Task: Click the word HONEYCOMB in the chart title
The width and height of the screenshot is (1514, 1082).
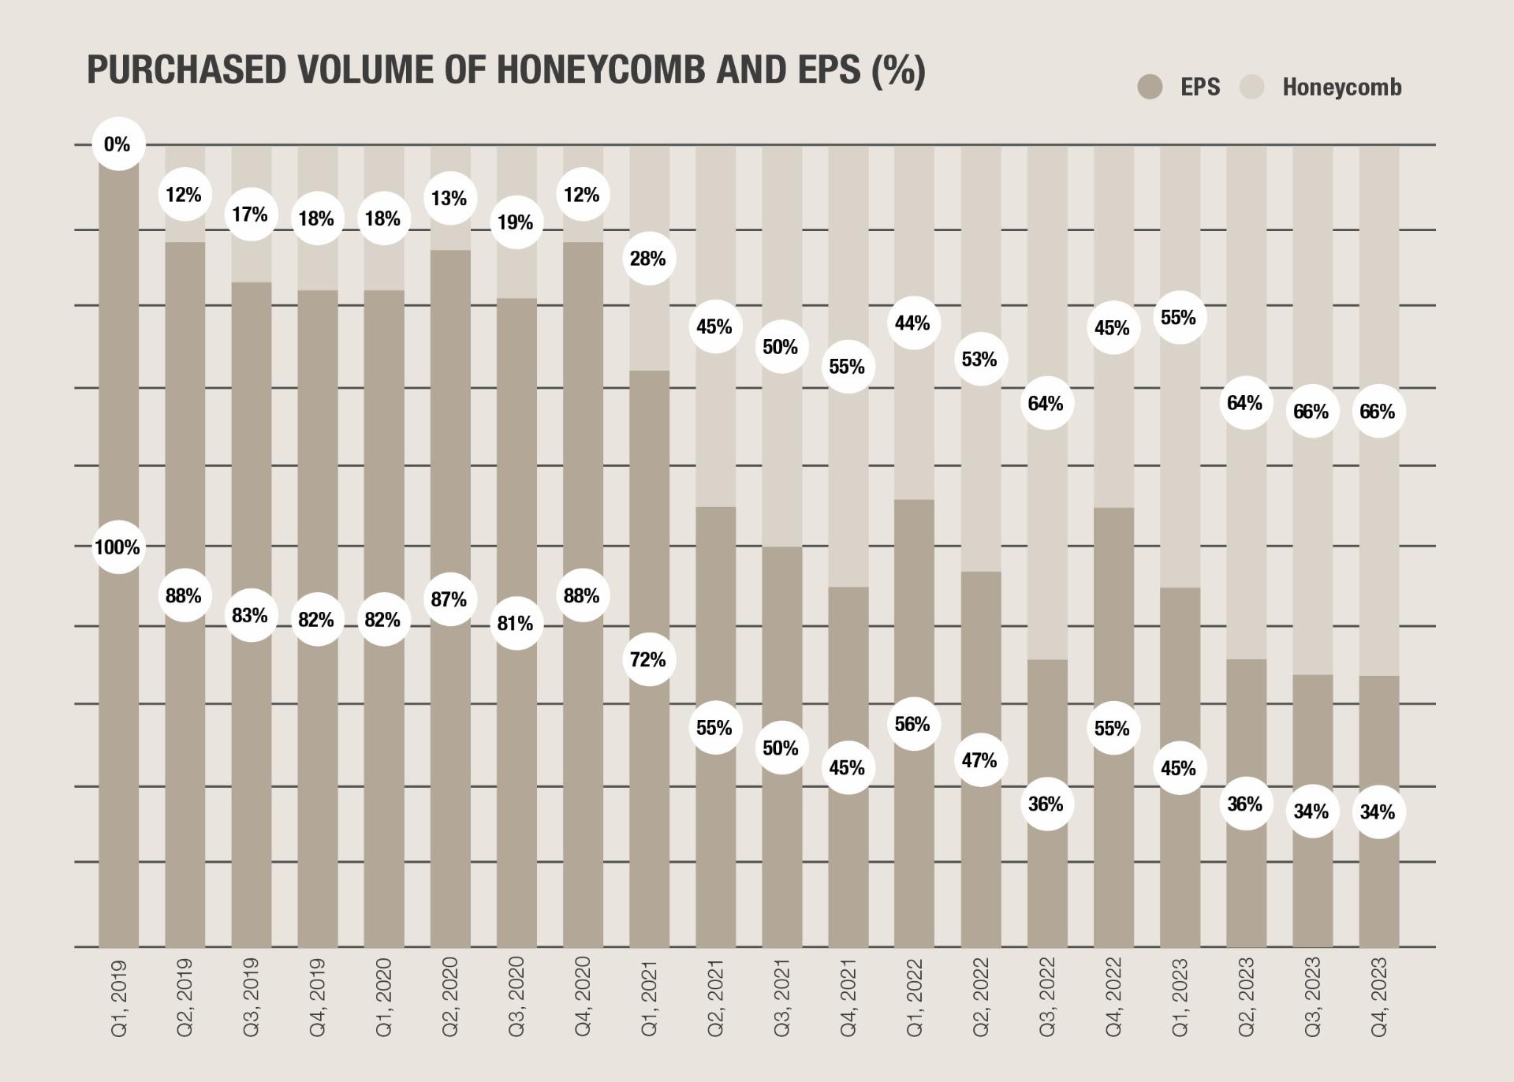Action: point(600,70)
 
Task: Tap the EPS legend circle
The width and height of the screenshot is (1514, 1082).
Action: point(1150,87)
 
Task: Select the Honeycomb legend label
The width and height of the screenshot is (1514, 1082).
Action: point(1341,88)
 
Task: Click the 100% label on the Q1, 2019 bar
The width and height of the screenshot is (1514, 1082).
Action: point(117,547)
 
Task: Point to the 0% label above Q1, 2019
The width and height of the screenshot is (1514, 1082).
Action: point(117,144)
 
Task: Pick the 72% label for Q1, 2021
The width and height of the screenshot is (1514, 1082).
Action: point(648,660)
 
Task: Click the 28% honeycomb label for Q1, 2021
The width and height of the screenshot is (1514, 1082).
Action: point(648,259)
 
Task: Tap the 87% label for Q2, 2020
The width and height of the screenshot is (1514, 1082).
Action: point(449,600)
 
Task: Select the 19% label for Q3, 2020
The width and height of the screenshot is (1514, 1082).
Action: point(516,223)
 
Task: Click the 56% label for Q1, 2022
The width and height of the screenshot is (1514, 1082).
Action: point(913,725)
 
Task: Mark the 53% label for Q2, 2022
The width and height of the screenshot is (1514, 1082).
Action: point(979,360)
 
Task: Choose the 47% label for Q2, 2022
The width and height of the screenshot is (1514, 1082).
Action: point(979,761)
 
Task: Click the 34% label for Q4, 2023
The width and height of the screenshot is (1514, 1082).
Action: point(1378,812)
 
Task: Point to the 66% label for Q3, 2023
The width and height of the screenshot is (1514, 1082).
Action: point(1311,412)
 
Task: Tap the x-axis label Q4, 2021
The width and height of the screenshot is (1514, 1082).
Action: point(848,997)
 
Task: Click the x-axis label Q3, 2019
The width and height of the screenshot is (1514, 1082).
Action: point(251,997)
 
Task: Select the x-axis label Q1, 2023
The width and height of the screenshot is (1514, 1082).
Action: point(1179,997)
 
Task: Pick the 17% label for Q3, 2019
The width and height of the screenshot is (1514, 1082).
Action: point(251,215)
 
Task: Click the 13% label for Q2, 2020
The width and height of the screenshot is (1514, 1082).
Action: point(449,199)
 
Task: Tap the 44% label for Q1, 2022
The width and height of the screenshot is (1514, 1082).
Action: point(913,323)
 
